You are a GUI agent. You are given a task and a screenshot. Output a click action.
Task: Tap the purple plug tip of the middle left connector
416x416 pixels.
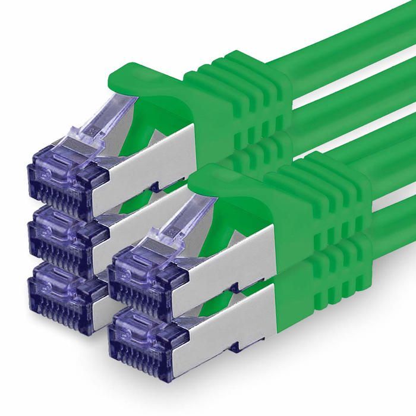point(59,229)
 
